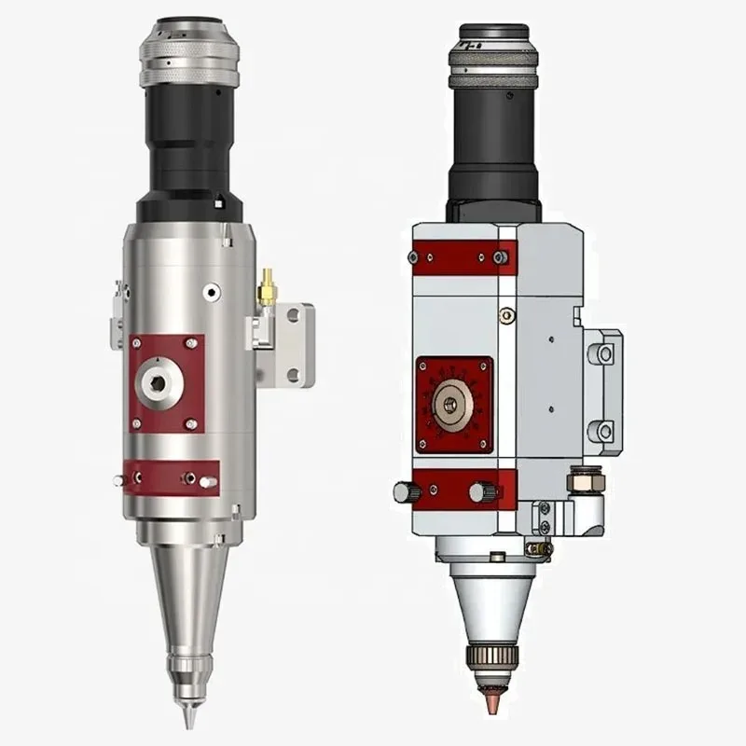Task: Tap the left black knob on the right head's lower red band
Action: coord(402,490)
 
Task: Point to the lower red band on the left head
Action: coord(171,477)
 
